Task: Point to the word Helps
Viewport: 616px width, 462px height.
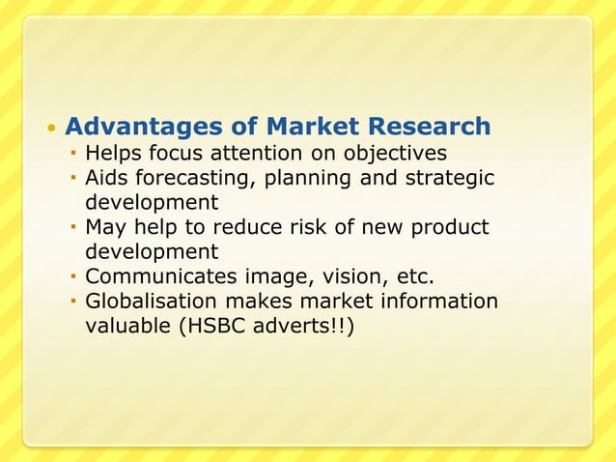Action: tap(113, 153)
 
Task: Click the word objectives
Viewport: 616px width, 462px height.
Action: tap(392, 153)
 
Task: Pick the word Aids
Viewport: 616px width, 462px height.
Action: tap(106, 178)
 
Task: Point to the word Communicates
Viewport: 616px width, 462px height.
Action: tap(155, 278)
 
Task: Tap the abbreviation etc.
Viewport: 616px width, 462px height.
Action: tap(416, 278)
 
